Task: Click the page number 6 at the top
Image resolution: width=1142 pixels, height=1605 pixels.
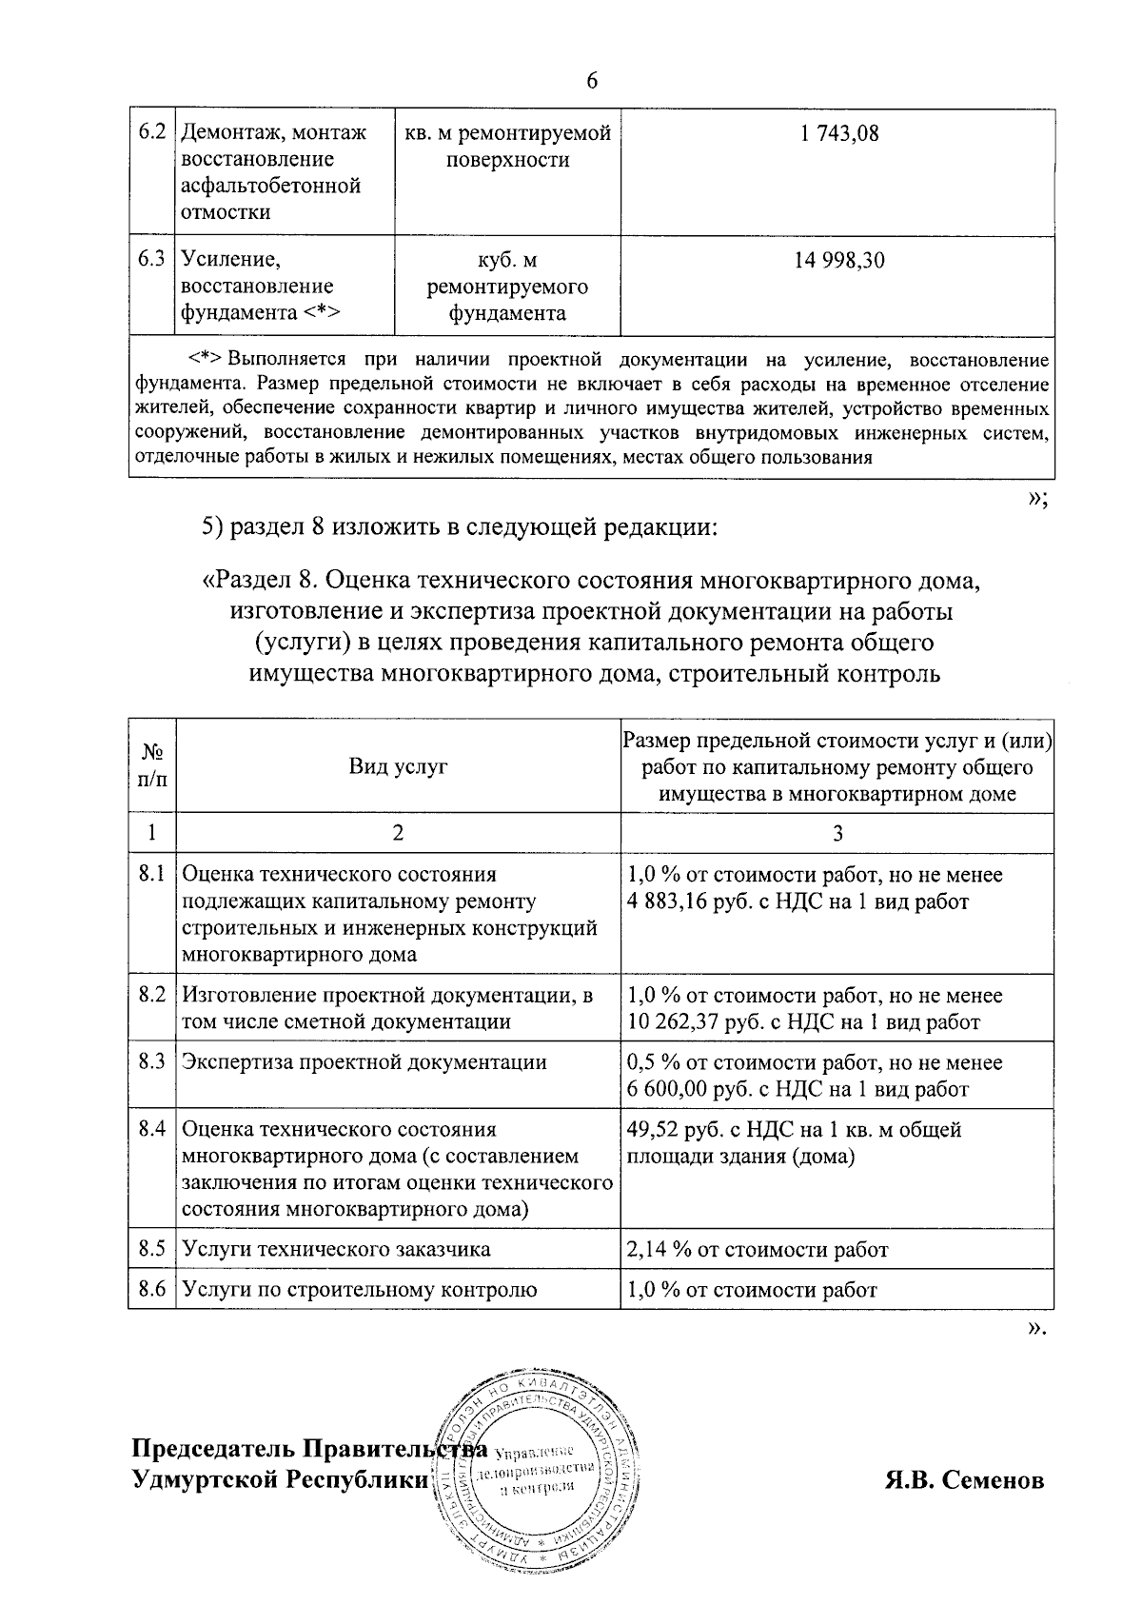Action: pyautogui.click(x=591, y=81)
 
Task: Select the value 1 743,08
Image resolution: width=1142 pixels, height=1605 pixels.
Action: pyautogui.click(x=838, y=133)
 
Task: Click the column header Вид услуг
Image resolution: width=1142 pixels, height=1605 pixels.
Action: pyautogui.click(x=398, y=766)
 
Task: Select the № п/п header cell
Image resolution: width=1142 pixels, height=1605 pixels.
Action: pyautogui.click(x=152, y=766)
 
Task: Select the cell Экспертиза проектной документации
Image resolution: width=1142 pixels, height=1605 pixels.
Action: pyautogui.click(x=364, y=1062)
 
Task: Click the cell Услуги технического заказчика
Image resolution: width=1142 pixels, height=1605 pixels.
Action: pyautogui.click(x=336, y=1249)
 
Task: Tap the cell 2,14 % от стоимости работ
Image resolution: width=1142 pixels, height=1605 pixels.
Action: pyautogui.click(x=758, y=1249)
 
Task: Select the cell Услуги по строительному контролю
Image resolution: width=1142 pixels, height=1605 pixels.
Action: pyautogui.click(x=360, y=1290)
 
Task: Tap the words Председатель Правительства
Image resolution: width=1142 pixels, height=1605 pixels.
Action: pyautogui.click(x=309, y=1449)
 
